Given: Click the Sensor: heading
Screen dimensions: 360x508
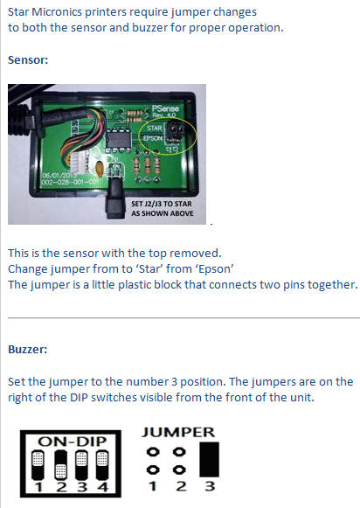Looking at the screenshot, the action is click(28, 60).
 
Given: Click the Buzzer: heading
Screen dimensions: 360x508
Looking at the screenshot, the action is click(27, 349).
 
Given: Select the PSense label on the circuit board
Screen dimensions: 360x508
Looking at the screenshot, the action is click(165, 108).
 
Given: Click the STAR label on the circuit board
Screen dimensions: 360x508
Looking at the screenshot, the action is click(154, 128).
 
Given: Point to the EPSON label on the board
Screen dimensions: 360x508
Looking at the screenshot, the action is click(152, 138).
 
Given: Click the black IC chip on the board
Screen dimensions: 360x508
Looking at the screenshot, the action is click(119, 140).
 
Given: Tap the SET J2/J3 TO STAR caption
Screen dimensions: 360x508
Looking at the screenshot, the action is click(162, 204).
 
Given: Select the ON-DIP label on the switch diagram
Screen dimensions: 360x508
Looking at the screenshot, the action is click(72, 442).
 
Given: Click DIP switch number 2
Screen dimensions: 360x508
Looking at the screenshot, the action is click(60, 465).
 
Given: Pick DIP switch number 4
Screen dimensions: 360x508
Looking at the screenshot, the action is click(102, 465).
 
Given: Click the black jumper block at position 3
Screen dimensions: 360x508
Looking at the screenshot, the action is click(209, 459).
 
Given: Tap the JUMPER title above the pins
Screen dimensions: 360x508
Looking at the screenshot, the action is click(178, 432).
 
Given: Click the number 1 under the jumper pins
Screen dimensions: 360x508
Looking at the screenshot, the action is click(153, 486).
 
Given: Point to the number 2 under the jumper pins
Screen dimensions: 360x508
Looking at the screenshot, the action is click(180, 486).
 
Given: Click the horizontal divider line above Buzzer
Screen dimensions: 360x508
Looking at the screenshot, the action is click(183, 318).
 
